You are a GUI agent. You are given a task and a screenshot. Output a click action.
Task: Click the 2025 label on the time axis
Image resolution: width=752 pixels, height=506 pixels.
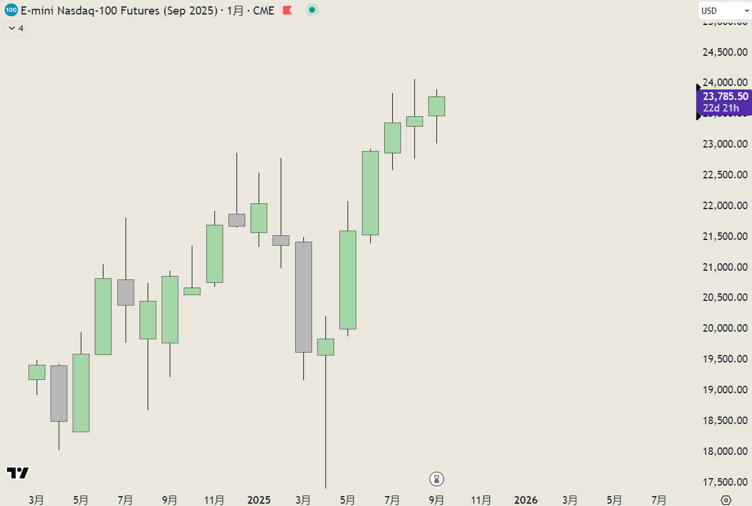[x=259, y=500]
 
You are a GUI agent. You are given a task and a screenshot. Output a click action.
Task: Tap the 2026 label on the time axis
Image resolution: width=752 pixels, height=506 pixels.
[x=526, y=500]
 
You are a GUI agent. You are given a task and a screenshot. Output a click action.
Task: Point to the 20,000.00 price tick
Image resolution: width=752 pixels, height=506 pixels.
[x=724, y=328]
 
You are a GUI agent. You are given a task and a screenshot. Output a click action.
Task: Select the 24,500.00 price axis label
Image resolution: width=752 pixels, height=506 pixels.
[x=724, y=52]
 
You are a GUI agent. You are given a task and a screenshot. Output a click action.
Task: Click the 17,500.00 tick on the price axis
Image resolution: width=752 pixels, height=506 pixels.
[x=724, y=482]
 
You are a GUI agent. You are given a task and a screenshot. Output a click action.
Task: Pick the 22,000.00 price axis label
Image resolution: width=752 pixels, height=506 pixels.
[x=724, y=206]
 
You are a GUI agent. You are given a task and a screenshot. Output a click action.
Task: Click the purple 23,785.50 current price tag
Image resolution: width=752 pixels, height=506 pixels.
[x=725, y=96]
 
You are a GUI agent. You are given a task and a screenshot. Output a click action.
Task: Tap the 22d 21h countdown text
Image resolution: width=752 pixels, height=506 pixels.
[x=721, y=108]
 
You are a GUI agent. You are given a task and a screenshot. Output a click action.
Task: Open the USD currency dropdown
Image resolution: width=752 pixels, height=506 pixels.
[x=725, y=10]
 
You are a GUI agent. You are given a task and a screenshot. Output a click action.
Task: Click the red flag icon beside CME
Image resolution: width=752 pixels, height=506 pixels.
[x=287, y=10]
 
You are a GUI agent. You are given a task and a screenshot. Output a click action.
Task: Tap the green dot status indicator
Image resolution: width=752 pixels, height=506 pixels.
[x=313, y=10]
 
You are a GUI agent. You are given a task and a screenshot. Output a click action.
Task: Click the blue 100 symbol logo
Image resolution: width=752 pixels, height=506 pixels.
[x=10, y=10]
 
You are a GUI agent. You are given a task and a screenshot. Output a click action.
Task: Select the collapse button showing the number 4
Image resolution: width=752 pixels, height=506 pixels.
[x=16, y=28]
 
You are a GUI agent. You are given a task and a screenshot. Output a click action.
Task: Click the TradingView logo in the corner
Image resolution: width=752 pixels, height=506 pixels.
[x=17, y=473]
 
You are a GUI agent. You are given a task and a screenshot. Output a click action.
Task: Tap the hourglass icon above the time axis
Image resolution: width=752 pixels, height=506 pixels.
[x=437, y=479]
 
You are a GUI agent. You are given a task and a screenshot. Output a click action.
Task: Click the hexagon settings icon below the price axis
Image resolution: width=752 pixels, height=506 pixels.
[x=725, y=500]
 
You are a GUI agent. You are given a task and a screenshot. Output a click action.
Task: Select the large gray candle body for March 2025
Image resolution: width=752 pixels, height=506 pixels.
[x=303, y=297]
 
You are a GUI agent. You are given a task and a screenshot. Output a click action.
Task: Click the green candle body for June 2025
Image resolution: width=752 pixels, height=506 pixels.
[x=370, y=193]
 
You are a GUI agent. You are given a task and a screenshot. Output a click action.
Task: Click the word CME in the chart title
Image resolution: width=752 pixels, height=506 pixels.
[x=263, y=10]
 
